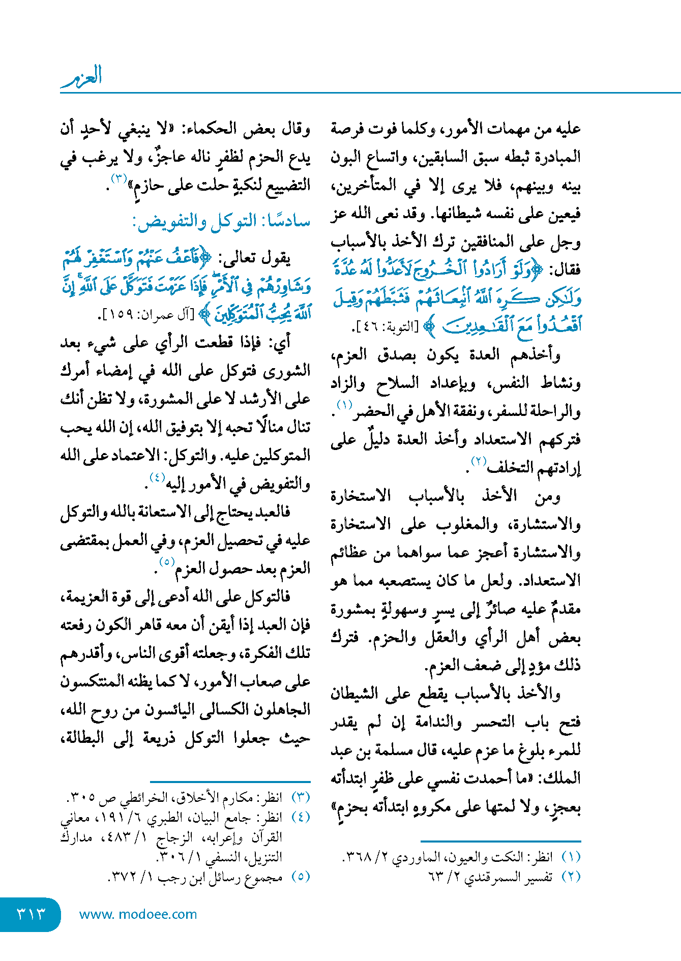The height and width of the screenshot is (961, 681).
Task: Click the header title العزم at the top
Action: point(82,76)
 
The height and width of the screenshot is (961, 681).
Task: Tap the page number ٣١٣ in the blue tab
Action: point(32,914)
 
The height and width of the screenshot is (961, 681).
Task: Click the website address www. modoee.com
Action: point(138,914)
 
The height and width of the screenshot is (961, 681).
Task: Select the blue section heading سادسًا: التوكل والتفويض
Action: point(222,222)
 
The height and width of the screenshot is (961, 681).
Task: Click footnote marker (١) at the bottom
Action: point(571,856)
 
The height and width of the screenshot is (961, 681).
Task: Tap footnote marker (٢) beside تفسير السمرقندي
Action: point(571,876)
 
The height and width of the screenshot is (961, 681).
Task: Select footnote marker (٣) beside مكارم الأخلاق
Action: point(301,797)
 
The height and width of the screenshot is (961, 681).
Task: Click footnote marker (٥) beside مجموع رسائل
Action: point(301,876)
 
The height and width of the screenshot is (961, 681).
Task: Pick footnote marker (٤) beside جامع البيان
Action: point(301,817)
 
